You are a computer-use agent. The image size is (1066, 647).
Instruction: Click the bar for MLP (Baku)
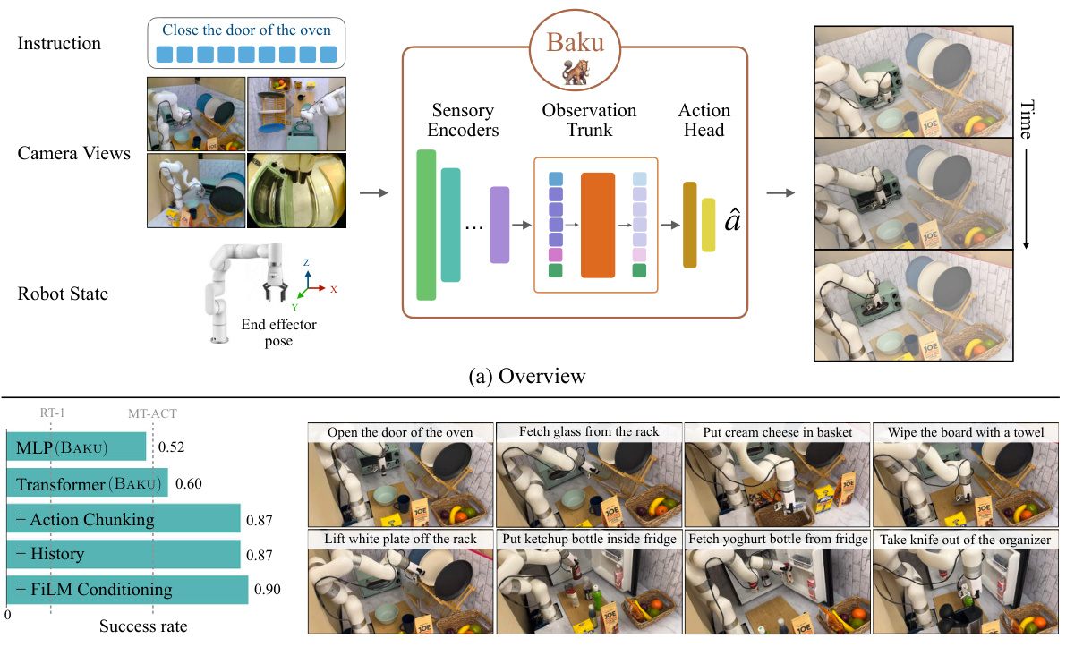pyautogui.click(x=76, y=447)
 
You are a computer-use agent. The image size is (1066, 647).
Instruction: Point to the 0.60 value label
pyautogui.click(x=188, y=484)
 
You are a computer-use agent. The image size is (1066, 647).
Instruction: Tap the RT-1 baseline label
pyautogui.click(x=52, y=413)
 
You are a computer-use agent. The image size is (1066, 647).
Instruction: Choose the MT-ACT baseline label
pyautogui.click(x=152, y=413)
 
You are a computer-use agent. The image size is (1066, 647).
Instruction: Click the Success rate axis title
pyautogui.click(x=143, y=626)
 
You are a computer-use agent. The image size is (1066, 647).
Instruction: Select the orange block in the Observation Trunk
pyautogui.click(x=598, y=225)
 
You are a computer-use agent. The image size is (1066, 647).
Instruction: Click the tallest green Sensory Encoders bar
pyautogui.click(x=426, y=225)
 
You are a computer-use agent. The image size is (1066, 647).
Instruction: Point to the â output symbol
pyautogui.click(x=731, y=220)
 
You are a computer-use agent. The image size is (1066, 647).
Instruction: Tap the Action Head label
pyautogui.click(x=704, y=120)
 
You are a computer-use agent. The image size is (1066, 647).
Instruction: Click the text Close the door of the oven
pyautogui.click(x=246, y=30)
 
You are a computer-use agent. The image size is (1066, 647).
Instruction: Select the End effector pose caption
pyautogui.click(x=278, y=333)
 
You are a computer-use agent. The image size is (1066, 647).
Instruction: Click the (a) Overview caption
pyautogui.click(x=528, y=376)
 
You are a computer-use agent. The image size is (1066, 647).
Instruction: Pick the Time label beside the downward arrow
pyautogui.click(x=1027, y=120)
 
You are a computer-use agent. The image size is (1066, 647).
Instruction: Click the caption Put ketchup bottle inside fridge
pyautogui.click(x=587, y=539)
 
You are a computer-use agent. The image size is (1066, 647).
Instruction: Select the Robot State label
pyautogui.click(x=63, y=293)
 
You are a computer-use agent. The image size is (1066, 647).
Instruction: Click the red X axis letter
pyautogui.click(x=333, y=290)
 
